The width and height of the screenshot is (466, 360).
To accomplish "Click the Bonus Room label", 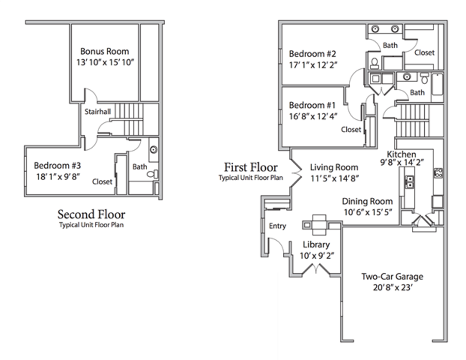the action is [x=105, y=51].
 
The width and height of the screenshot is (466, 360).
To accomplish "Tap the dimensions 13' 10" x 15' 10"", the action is [x=105, y=62].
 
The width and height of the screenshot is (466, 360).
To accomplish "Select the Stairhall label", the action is [x=98, y=112].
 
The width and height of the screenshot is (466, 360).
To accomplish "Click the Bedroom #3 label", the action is [x=57, y=165].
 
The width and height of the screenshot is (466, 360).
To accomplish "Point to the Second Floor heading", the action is [x=91, y=214].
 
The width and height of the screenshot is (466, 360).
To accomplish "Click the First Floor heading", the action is [x=251, y=167].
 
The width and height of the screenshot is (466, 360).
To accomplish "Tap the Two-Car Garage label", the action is [x=392, y=276].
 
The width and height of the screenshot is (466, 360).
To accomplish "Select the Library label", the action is [x=316, y=244].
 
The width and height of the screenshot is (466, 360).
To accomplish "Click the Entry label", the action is [x=277, y=226].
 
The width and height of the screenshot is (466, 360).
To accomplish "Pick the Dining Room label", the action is [x=367, y=201].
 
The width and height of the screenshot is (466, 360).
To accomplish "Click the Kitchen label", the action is [x=401, y=154].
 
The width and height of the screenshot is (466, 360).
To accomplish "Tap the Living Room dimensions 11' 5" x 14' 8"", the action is [x=334, y=179].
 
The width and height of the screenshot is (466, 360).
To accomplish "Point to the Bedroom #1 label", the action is [x=312, y=105].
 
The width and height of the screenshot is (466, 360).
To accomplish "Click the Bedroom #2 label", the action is [x=312, y=54].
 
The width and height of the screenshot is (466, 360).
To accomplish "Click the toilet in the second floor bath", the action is [x=153, y=174].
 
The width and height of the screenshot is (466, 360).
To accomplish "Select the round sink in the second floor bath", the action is [x=154, y=149].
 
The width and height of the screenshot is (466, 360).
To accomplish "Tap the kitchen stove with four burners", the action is [x=438, y=173].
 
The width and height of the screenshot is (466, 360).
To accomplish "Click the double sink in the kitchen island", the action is [x=410, y=182].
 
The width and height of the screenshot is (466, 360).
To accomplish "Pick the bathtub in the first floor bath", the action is [x=437, y=85].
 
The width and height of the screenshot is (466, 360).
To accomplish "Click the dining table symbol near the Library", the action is [x=319, y=225].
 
